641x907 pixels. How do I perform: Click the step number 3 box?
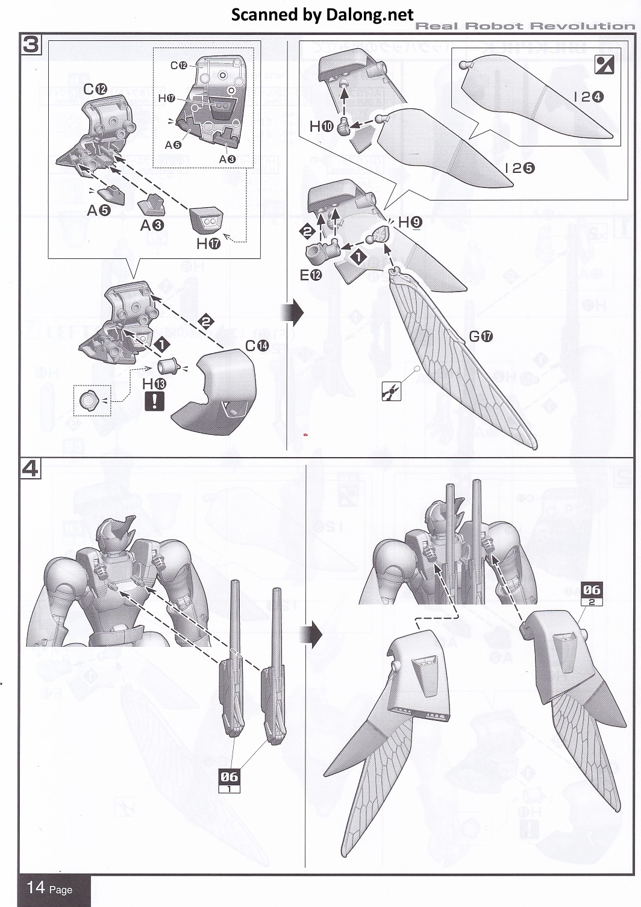[x=31, y=45]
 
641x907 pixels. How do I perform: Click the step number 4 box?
[x=31, y=468]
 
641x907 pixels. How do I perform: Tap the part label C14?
[x=257, y=346]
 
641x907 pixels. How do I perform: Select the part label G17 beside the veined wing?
[x=481, y=336]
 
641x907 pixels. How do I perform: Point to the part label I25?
[x=520, y=168]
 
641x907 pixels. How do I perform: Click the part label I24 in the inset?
[x=589, y=96]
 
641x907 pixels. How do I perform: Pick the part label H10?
[x=321, y=126]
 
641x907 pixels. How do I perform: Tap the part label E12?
[x=311, y=275]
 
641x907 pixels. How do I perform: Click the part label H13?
[x=154, y=384]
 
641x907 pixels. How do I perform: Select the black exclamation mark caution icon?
[x=154, y=401]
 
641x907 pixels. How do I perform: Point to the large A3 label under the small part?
[x=152, y=225]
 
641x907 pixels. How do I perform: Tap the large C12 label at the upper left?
[x=95, y=89]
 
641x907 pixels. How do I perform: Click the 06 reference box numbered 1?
[x=229, y=781]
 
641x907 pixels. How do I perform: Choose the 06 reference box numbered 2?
[x=592, y=593]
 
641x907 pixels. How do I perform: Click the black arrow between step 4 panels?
[x=314, y=634]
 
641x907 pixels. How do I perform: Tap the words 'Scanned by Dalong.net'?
[x=322, y=14]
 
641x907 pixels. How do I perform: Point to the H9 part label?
[x=410, y=222]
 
